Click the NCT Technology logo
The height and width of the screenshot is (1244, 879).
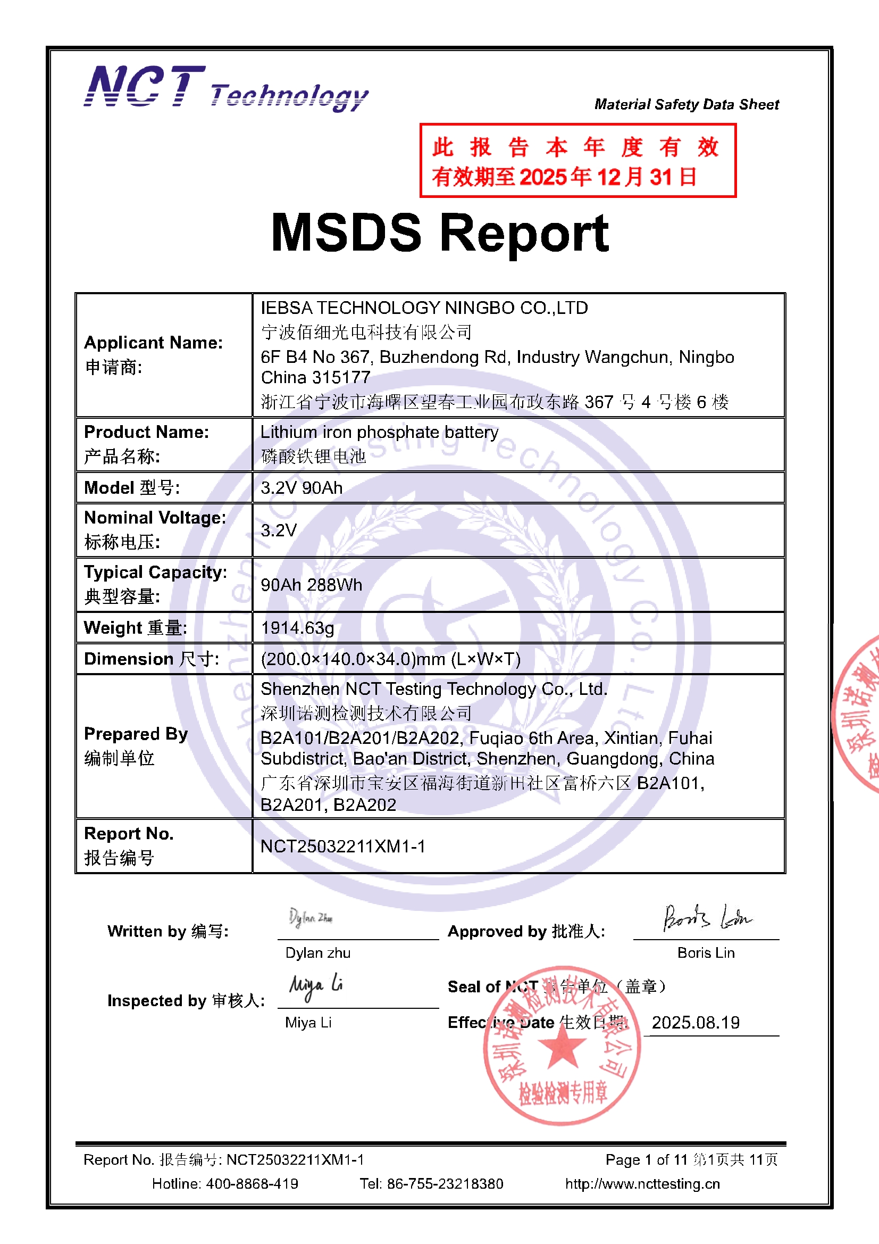pos(226,88)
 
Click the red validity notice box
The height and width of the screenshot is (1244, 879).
pos(577,160)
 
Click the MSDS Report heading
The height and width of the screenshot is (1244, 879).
pos(440,233)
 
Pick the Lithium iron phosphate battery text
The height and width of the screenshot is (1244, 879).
pos(379,432)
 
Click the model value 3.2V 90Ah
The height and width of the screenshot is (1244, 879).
pos(302,487)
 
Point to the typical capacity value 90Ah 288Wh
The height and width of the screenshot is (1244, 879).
pos(312,585)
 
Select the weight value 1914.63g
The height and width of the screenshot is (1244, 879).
pos(297,628)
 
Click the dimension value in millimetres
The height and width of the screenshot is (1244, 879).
pos(390,659)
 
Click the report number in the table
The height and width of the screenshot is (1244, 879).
pos(343,847)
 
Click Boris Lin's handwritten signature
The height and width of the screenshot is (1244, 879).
pos(707,918)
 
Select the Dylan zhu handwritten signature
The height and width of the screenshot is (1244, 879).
pos(311,917)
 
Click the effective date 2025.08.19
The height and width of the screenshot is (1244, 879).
pos(696,1023)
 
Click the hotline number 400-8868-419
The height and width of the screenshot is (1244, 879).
pos(252,1183)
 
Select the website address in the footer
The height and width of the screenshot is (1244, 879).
pos(642,1183)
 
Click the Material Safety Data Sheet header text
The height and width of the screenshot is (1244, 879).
pos(686,104)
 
